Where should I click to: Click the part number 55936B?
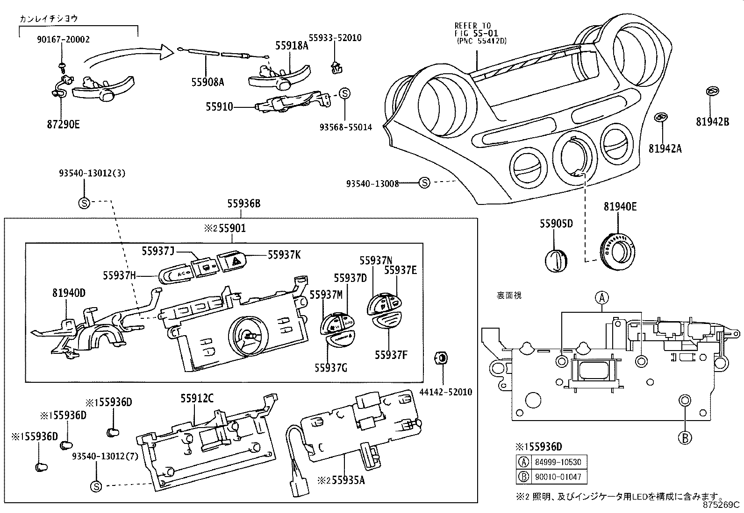coord(243,204)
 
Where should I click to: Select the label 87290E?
coord(64,125)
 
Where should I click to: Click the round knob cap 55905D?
coord(556,260)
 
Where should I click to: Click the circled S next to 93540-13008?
coord(424,183)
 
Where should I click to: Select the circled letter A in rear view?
coord(602,297)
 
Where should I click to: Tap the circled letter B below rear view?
coord(684,437)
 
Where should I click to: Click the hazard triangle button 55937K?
coord(231,260)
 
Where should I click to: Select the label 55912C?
coord(197,398)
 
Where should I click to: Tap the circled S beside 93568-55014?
coord(344,93)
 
